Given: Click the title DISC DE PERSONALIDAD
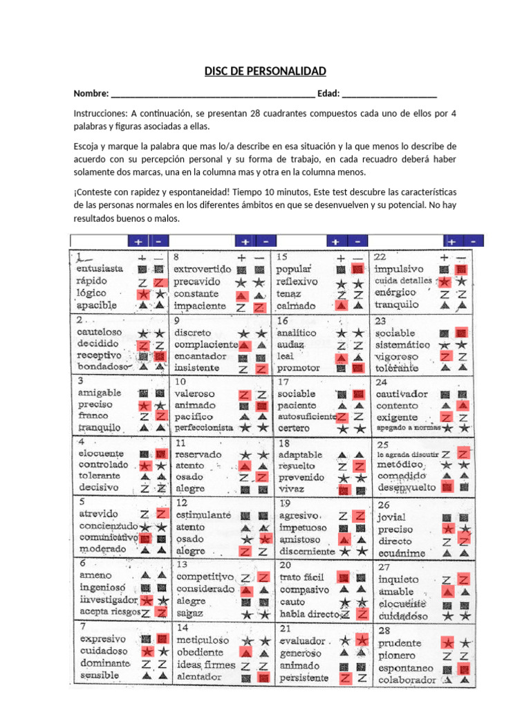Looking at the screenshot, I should coord(265,72).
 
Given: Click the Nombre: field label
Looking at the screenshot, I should coord(91,94).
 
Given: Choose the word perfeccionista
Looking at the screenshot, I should coord(203,429).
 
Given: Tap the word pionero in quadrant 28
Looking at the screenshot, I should coord(397,655).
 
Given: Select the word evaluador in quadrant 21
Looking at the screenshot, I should coord(302,641).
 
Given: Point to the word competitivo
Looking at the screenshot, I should coord(205,576).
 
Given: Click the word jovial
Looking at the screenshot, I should coord(391,517).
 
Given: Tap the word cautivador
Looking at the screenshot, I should coord(402,393).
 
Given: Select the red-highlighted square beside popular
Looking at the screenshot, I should coord(357,268).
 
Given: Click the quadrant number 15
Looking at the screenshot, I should coord(282,257).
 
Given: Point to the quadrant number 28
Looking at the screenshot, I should coord(384,630).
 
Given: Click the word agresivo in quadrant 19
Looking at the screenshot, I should coord(299,516).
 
